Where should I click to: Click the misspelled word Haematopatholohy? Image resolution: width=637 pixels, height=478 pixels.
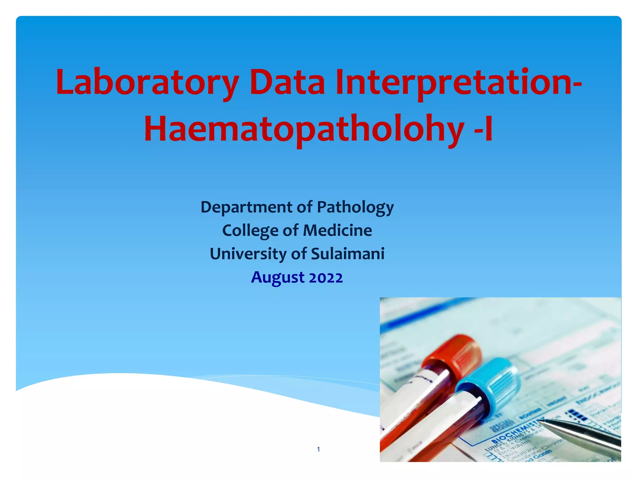[304, 130]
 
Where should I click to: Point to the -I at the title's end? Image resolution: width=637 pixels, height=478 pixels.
[483, 130]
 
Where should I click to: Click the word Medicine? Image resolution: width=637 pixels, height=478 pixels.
[337, 231]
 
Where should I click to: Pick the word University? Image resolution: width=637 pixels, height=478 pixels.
[248, 254]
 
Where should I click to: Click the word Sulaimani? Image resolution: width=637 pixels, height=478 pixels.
[348, 254]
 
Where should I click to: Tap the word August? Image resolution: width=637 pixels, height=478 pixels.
[278, 278]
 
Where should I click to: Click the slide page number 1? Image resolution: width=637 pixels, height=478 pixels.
[318, 449]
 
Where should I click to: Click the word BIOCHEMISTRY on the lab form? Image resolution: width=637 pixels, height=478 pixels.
[518, 431]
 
